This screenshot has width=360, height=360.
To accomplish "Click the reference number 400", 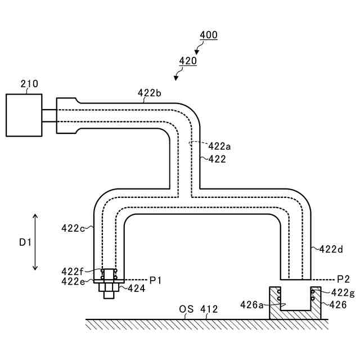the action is pos(209,35).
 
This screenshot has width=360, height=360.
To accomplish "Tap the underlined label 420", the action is pos(188,61).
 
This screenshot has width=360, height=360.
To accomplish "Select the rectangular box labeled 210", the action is pos(24,115).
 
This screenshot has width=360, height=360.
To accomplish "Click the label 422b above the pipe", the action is pos(150,93).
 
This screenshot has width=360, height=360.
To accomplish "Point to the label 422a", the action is pos(219,146).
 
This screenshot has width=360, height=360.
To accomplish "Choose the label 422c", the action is pos(73,228).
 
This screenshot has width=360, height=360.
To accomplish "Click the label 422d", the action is pos(331,249).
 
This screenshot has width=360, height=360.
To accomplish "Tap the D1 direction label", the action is pos(25,242).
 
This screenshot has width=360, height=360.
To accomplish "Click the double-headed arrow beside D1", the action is pos(35,242).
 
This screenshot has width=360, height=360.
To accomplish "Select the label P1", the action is pos(155,280).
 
